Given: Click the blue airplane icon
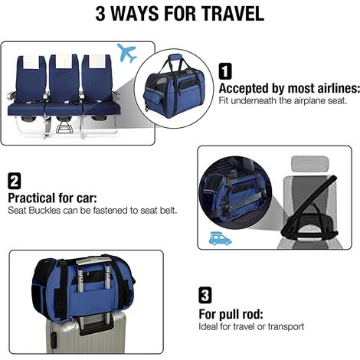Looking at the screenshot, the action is point(126,53).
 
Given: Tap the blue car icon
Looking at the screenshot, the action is point(220,238).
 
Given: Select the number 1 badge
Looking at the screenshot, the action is point(225,71).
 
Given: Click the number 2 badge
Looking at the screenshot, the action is point(15,181).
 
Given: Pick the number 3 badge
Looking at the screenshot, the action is point(205,295).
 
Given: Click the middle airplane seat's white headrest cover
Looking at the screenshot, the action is point(64,61).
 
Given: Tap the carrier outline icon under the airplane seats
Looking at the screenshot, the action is point(64,127).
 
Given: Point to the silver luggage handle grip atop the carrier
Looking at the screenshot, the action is point(93,261).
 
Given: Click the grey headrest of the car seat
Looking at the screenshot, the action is point(309,165).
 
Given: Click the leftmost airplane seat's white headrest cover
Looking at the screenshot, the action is point(31,62).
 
